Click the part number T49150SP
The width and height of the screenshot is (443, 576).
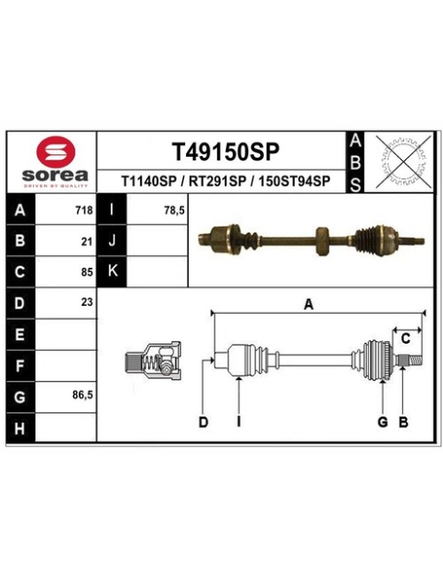click(226, 152)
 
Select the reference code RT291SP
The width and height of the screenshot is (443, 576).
click(217, 181)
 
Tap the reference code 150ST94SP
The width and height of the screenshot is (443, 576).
click(294, 181)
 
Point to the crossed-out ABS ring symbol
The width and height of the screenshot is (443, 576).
click(404, 161)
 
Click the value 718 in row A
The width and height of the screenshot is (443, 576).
click(84, 211)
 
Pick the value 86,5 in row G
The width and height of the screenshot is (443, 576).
click(82, 395)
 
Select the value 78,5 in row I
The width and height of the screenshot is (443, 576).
click(175, 211)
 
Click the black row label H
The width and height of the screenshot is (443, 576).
click(20, 428)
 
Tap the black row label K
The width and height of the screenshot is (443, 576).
click(112, 271)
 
